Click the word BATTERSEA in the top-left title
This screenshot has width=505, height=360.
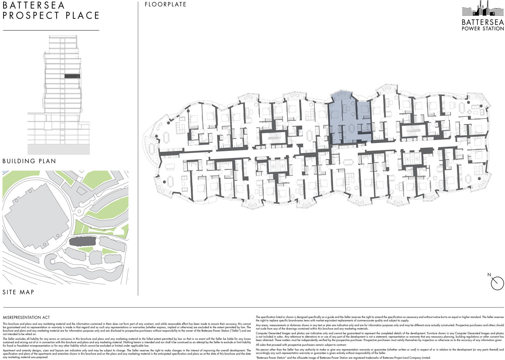34,5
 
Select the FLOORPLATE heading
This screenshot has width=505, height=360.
165,4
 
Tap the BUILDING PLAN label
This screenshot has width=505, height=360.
29,161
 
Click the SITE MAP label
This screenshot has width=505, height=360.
18,292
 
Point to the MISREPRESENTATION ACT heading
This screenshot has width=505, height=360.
26,317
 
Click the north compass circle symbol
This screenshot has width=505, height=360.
497,283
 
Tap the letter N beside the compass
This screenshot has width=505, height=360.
489,275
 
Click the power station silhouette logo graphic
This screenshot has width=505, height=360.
482,10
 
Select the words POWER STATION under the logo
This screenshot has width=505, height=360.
483,29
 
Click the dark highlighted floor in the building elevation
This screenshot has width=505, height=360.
71,76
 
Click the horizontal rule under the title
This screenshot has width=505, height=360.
51,30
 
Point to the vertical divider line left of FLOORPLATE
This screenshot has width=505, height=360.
138,147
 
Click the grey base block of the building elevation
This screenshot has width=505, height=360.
59,149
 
